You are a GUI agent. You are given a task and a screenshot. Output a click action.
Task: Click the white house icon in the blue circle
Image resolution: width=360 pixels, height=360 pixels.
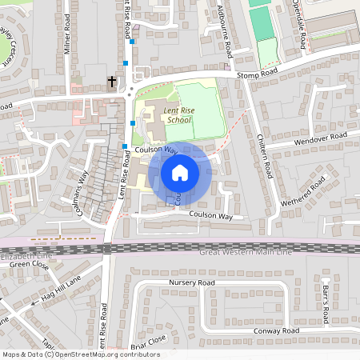(x=179, y=172)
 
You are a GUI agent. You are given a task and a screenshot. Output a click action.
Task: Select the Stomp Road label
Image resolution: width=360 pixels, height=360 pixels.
(x=258, y=74)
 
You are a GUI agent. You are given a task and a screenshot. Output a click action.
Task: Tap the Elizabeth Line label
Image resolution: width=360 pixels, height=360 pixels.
(x=24, y=255)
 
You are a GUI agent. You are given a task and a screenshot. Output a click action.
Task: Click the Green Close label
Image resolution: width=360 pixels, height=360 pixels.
(x=30, y=264)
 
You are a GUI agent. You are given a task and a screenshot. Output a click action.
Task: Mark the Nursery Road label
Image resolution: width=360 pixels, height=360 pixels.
(x=192, y=283)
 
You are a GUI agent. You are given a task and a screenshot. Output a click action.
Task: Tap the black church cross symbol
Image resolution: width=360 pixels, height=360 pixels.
(x=112, y=81)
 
